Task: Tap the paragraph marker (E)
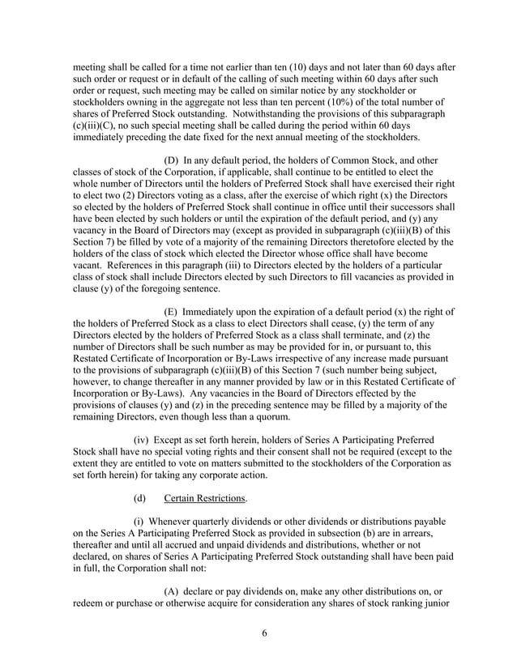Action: [x=173, y=312]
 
